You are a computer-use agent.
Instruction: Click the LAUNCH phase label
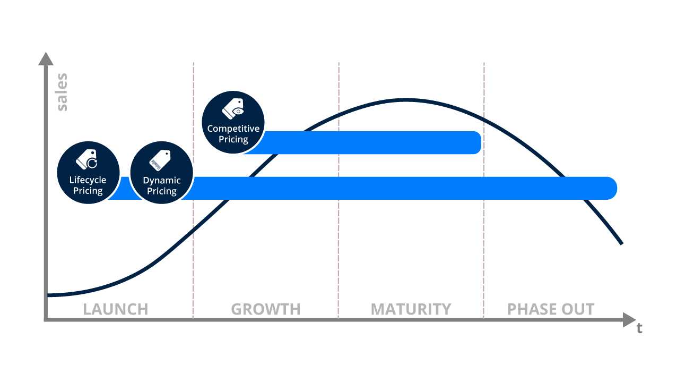(x=115, y=309)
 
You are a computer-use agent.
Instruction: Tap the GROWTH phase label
(x=265, y=309)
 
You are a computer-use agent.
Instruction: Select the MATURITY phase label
(x=411, y=309)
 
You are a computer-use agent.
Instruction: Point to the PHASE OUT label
(x=551, y=309)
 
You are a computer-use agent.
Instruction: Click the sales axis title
(x=62, y=93)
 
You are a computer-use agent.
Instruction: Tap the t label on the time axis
(x=639, y=328)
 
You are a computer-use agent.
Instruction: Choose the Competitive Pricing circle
(x=233, y=122)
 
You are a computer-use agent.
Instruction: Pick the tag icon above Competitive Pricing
(x=233, y=108)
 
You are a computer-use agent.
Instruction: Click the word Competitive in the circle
(x=233, y=129)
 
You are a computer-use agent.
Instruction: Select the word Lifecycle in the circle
(x=88, y=180)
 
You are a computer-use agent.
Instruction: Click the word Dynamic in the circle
(x=162, y=180)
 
